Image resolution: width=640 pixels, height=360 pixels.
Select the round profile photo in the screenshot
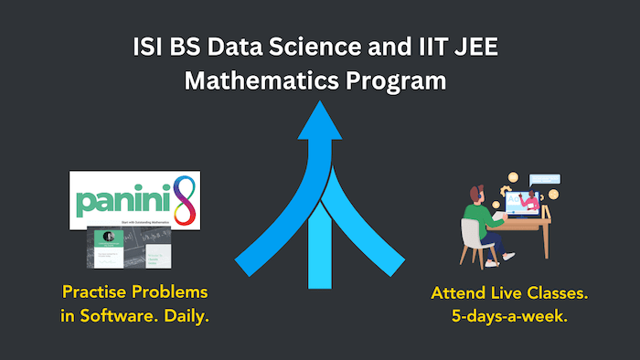click(108, 236)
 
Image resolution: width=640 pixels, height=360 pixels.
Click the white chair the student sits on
click(470, 239)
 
